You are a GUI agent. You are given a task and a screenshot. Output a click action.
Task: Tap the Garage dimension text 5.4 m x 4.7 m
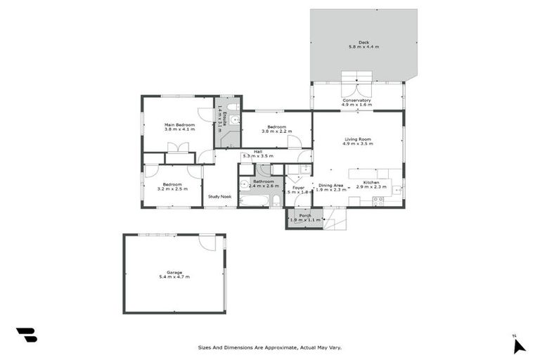[x=174, y=277]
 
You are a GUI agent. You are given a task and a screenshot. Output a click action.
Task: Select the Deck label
[x=364, y=42]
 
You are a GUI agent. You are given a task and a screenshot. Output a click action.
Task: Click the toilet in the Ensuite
[x=233, y=106]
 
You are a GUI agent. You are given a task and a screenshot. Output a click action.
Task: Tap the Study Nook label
[x=220, y=197]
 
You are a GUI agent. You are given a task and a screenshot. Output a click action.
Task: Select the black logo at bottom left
[x=27, y=335]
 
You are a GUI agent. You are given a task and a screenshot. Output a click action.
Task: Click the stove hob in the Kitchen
[x=378, y=200]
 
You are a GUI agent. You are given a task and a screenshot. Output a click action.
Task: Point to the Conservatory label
[x=356, y=101]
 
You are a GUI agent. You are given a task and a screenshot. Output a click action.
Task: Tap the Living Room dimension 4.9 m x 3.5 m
[x=358, y=143]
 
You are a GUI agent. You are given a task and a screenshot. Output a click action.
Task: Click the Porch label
[x=305, y=215]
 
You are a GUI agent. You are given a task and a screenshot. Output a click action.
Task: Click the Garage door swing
[x=207, y=243]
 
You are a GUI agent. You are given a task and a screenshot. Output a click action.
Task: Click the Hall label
[x=258, y=151]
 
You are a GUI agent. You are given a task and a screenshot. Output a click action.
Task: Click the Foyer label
[x=299, y=188]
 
